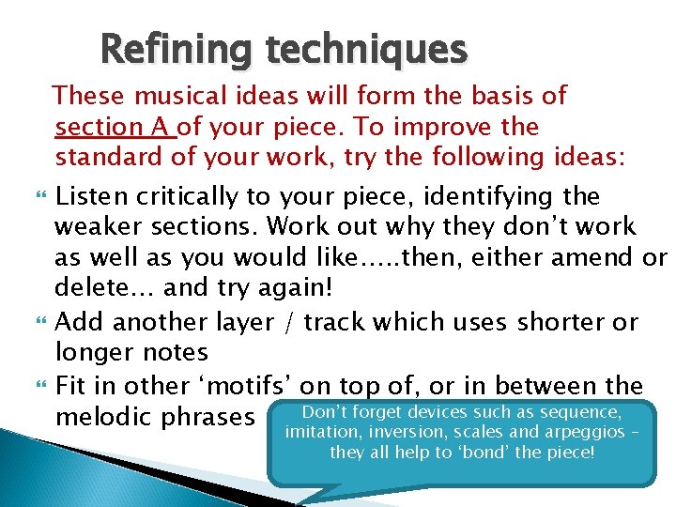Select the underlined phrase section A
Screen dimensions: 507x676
(115, 127)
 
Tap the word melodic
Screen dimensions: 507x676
(102, 416)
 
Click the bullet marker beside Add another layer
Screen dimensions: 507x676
(38, 323)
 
